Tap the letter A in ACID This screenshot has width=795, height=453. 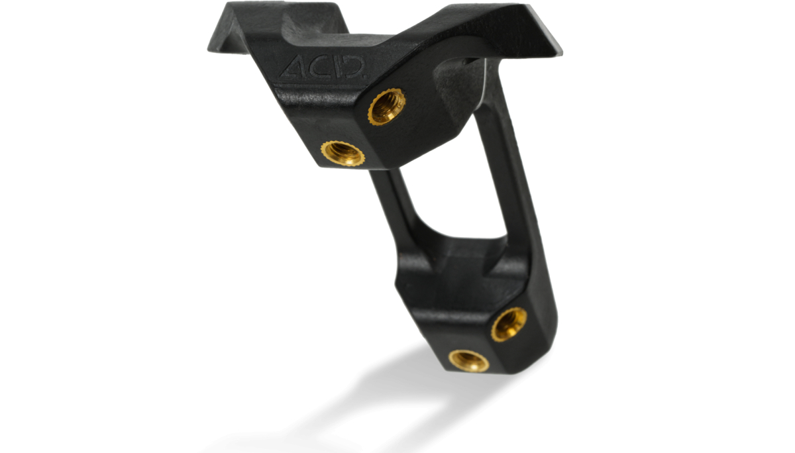point(291,67)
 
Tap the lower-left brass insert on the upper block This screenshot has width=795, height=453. point(343,153)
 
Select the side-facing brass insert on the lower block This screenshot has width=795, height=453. point(509,323)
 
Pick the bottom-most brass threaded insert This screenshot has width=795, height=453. point(468,360)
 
